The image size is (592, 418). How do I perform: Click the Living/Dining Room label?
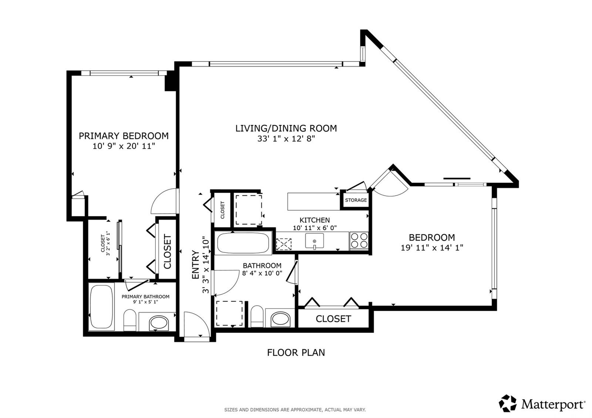(x=286, y=128)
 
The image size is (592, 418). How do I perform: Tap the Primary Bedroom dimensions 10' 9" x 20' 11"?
(x=124, y=146)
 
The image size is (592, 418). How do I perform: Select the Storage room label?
(x=356, y=200)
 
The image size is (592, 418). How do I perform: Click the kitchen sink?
(x=314, y=241)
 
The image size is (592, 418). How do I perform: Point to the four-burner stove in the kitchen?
(x=359, y=240)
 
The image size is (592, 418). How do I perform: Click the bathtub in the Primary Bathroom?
(x=101, y=307)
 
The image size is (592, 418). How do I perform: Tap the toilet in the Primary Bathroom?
(x=130, y=320)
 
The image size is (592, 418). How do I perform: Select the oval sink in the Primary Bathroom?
(x=159, y=323)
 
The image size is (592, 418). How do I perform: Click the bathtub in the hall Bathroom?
(x=243, y=243)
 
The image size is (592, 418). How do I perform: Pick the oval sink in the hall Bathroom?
(x=281, y=318)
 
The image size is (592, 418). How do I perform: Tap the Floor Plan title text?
(x=296, y=353)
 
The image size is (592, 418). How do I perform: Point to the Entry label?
(x=196, y=265)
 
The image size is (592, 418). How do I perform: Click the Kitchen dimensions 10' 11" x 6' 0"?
(x=315, y=228)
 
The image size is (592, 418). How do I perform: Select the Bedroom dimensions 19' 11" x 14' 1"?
(x=432, y=247)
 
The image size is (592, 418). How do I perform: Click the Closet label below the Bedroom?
(x=333, y=319)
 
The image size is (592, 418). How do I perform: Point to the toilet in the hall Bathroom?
(x=257, y=317)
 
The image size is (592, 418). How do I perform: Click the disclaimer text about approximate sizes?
(x=295, y=410)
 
